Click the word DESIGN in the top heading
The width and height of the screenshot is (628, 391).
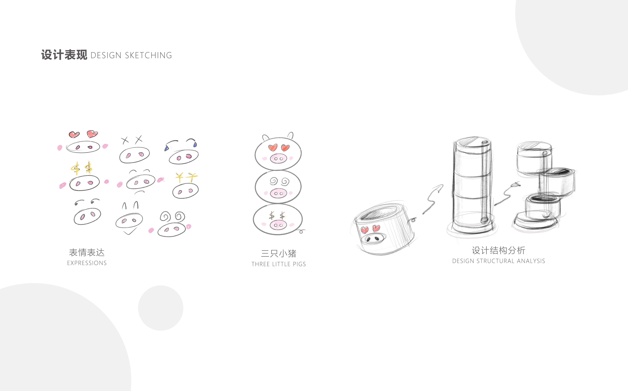click(106, 55)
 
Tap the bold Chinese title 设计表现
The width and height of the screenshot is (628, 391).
click(64, 55)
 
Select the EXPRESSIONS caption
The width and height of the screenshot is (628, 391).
click(87, 263)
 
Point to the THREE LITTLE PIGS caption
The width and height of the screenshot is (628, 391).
click(279, 264)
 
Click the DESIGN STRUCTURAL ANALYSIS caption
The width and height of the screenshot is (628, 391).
click(498, 261)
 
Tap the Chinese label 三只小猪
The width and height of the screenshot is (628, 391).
click(279, 253)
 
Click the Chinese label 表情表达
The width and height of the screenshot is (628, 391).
click(87, 252)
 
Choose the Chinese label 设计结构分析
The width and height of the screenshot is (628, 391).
click(498, 250)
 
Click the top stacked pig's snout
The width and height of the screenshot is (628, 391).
click(278, 158)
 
